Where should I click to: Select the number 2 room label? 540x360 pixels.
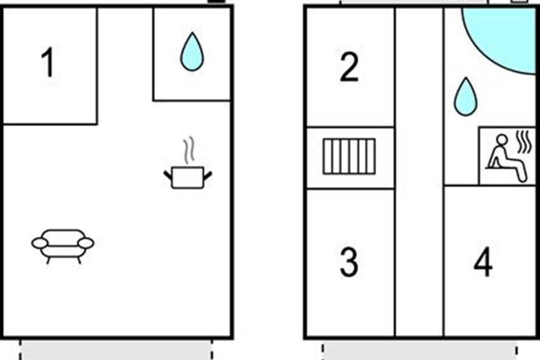[349, 67]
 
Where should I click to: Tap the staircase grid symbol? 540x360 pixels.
[349, 156]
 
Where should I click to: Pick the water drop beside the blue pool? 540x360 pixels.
[466, 97]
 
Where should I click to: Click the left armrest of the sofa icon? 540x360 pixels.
[40, 243]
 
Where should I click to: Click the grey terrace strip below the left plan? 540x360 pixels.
[116, 350]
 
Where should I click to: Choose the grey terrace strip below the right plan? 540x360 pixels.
[419, 350]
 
